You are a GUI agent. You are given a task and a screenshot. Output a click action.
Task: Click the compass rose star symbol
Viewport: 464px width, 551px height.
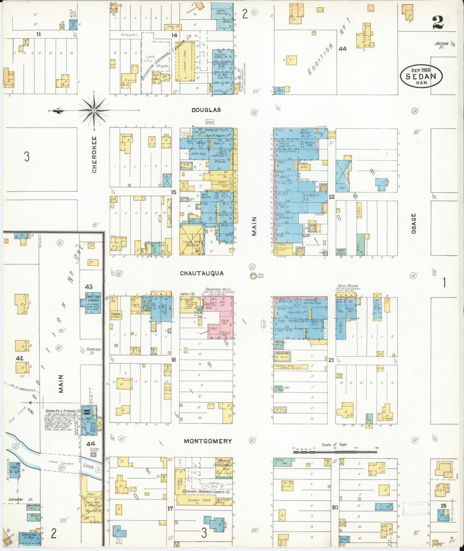point(94,111)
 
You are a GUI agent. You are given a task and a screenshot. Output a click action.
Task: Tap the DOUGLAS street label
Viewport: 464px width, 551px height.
point(206,110)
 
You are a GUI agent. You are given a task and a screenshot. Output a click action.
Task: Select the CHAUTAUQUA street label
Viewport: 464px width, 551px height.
point(202,273)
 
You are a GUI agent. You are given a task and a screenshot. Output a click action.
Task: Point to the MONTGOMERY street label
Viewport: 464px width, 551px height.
point(208,441)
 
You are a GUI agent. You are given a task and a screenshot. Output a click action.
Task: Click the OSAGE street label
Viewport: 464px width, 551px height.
point(414,223)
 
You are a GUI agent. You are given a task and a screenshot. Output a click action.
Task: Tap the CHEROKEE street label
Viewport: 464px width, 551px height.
point(94,154)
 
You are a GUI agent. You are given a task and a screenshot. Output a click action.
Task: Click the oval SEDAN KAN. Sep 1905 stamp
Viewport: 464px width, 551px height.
point(421,76)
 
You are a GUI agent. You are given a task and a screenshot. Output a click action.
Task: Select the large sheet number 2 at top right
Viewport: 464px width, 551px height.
point(438,23)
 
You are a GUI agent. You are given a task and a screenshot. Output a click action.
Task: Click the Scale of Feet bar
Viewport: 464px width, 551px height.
point(335,452)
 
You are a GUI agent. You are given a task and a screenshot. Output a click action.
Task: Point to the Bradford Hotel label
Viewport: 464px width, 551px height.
point(219,289)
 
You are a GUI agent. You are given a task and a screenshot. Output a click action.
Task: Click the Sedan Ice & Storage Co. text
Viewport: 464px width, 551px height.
point(63,411)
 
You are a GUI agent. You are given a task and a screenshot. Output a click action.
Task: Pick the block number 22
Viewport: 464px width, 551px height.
point(332,197)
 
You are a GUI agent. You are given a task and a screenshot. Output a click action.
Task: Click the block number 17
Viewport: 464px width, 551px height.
point(170,509)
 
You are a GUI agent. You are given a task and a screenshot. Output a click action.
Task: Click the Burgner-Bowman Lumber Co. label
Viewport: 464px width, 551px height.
point(206,492)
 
